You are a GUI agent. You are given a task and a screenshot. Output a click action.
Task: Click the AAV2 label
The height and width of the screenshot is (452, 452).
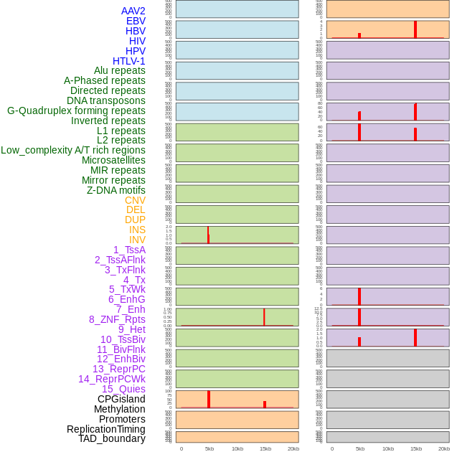(x=133, y=11)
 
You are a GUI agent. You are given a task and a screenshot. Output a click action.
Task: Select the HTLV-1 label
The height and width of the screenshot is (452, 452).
(x=128, y=61)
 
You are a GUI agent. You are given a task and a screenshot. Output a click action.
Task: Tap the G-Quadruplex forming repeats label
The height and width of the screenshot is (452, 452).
(x=76, y=110)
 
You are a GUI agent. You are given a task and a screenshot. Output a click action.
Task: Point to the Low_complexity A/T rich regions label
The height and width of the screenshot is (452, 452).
(x=73, y=150)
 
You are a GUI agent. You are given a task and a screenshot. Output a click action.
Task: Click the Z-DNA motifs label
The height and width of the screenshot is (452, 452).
(x=116, y=190)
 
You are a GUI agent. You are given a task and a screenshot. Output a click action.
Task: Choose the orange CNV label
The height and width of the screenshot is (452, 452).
(x=135, y=200)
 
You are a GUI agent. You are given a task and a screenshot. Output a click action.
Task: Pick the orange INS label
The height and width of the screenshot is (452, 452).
(x=137, y=230)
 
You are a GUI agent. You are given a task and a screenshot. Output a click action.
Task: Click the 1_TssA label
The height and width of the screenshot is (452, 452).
(x=129, y=250)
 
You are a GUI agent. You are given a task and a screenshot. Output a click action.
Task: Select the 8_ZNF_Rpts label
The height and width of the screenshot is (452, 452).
(x=117, y=319)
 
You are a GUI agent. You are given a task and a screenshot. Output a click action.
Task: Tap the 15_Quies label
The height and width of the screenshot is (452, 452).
(x=123, y=389)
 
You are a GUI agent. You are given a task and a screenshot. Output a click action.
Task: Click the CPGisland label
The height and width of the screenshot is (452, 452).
(x=121, y=399)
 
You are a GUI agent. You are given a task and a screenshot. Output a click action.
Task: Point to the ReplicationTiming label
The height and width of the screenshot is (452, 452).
(x=106, y=429)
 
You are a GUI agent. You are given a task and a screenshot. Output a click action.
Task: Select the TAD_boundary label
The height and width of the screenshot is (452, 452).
(x=112, y=438)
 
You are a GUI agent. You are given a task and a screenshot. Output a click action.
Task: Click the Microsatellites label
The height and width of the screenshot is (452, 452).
(x=113, y=160)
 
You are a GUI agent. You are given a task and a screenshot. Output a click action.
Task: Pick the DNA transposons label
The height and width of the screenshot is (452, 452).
(x=106, y=100)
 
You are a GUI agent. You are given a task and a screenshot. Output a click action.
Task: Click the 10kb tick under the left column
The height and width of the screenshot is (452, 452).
(x=237, y=448)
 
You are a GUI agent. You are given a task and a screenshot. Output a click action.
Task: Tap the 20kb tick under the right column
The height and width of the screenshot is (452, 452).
(x=444, y=448)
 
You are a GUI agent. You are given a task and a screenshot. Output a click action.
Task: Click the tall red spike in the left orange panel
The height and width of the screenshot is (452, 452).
(x=209, y=399)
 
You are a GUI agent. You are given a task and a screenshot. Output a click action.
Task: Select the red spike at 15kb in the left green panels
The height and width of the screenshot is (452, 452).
(x=264, y=317)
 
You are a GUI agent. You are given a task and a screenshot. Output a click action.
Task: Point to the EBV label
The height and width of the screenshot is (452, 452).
(x=136, y=21)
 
